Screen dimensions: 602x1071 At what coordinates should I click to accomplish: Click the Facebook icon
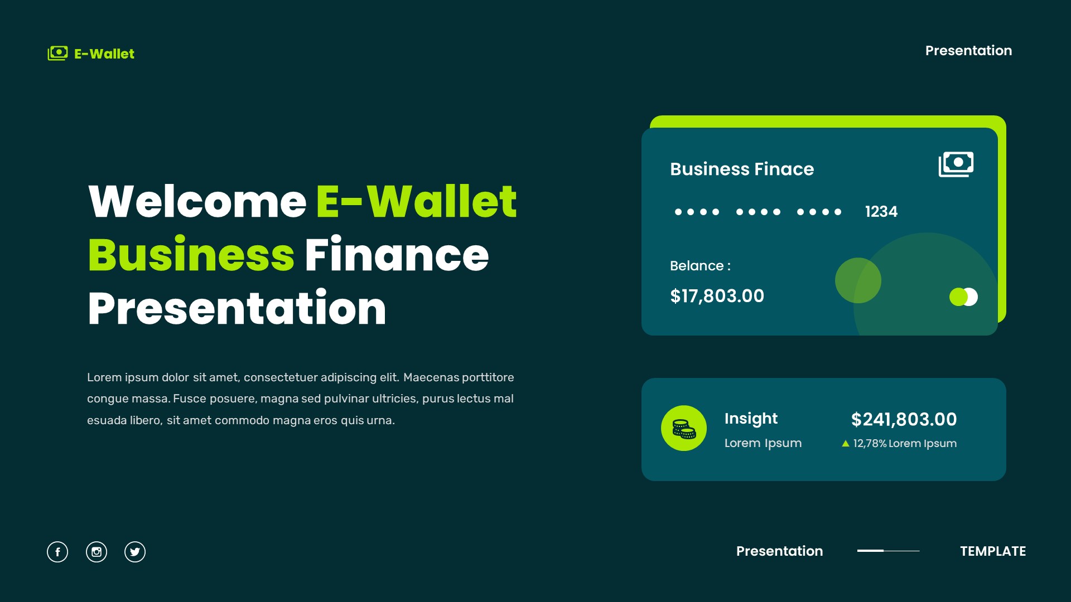[57, 552]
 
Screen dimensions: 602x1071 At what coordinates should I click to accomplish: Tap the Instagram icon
[97, 552]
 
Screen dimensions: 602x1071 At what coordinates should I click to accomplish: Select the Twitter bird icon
[135, 552]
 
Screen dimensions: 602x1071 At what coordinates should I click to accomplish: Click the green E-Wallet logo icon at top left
[57, 54]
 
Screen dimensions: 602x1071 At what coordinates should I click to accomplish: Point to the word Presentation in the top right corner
[968, 51]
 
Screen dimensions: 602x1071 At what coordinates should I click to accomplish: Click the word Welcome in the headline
[197, 201]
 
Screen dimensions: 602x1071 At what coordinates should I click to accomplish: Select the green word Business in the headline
[191, 255]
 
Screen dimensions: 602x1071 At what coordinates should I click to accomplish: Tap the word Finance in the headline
[397, 255]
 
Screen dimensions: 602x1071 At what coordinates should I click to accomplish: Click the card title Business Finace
[742, 169]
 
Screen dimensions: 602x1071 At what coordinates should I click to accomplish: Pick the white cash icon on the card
[956, 164]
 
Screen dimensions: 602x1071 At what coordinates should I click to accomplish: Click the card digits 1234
[881, 212]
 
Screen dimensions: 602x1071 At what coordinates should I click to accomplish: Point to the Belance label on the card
[700, 266]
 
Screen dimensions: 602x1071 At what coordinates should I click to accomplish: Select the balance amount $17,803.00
[717, 296]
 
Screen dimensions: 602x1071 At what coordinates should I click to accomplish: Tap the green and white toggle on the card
[963, 297]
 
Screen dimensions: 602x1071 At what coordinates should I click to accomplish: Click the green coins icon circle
[684, 428]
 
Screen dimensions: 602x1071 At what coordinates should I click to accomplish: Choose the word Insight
[751, 419]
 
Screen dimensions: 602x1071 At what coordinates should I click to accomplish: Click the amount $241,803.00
[904, 419]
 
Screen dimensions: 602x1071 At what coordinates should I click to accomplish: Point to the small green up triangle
[846, 444]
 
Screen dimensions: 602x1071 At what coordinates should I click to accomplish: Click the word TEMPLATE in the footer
[993, 551]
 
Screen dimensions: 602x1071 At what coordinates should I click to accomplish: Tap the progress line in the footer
[888, 551]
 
